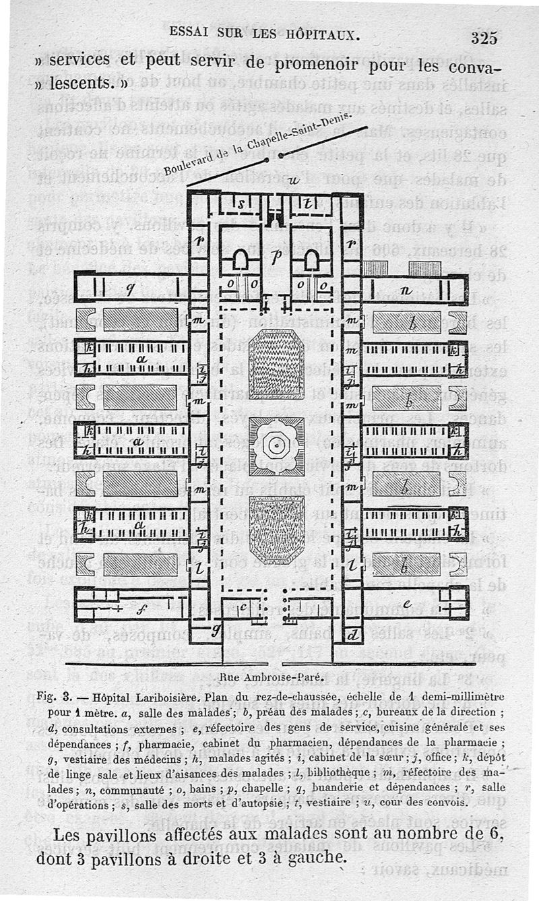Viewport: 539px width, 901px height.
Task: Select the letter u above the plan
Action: (292, 181)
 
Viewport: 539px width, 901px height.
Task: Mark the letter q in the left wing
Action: (131, 288)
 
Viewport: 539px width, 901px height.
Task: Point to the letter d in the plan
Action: (353, 634)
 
